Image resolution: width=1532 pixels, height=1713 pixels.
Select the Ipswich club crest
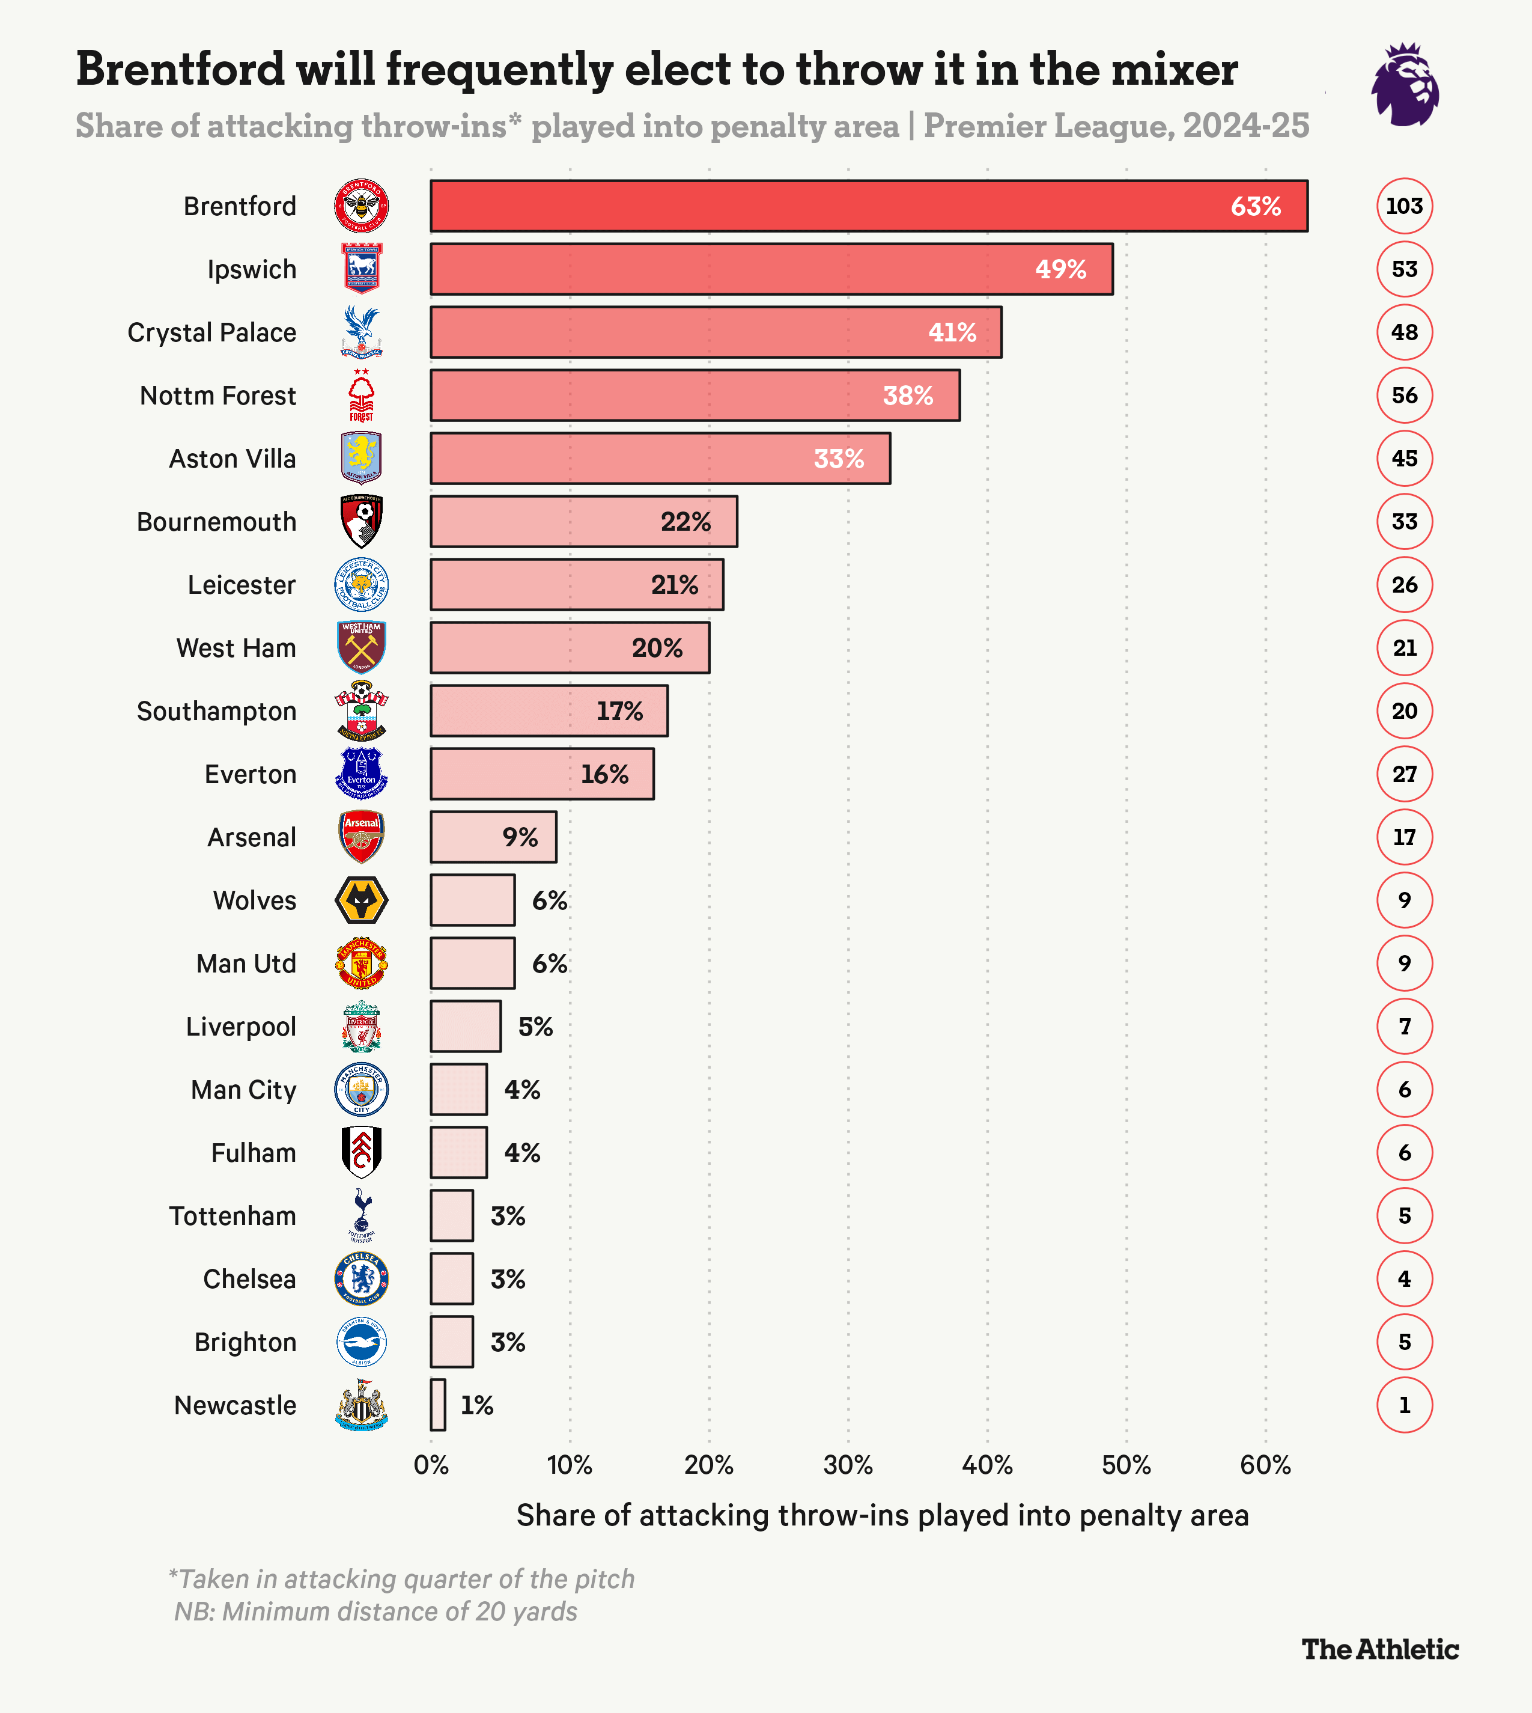[361, 269]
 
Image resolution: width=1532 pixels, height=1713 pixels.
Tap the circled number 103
[1403, 206]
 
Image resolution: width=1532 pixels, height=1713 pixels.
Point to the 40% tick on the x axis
[986, 1466]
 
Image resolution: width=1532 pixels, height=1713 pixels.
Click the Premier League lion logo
[1404, 85]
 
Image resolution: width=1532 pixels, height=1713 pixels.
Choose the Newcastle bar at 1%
[438, 1405]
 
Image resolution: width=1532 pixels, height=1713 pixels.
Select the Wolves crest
[361, 900]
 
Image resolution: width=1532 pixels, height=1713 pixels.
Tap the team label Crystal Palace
[211, 332]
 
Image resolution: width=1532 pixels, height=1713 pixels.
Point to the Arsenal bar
[493, 837]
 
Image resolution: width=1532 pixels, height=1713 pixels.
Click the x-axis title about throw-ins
[881, 1516]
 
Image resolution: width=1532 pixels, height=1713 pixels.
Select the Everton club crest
[361, 774]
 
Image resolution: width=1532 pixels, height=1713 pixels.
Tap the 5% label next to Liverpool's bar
[535, 1027]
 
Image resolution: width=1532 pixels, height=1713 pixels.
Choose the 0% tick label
[431, 1466]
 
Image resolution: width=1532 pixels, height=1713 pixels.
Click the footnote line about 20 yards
[375, 1612]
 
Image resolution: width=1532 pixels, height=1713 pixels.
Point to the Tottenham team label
[233, 1216]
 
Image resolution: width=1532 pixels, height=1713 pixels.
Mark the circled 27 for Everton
[1403, 774]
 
